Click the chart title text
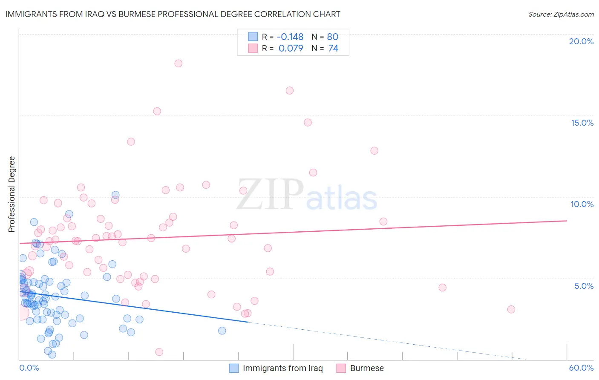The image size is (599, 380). (173, 14)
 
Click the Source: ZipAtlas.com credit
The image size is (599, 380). (561, 14)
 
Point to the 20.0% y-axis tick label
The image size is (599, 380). (581, 41)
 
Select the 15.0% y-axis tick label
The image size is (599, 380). (582, 123)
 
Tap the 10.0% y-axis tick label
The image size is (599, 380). (582, 204)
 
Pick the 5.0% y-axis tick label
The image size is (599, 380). (584, 286)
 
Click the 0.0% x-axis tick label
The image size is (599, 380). (29, 368)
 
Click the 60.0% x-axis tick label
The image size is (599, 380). (581, 368)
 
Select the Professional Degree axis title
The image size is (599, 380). (12, 194)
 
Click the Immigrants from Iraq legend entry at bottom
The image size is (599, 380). (282, 368)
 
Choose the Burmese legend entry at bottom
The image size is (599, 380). (366, 368)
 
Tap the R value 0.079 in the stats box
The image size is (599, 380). (291, 48)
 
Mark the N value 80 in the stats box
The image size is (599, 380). (333, 37)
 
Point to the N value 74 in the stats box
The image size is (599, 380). (333, 48)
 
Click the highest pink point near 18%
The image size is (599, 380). (178, 63)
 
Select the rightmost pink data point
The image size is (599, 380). (511, 309)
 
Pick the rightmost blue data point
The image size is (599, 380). (222, 331)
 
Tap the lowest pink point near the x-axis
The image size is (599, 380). (159, 352)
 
